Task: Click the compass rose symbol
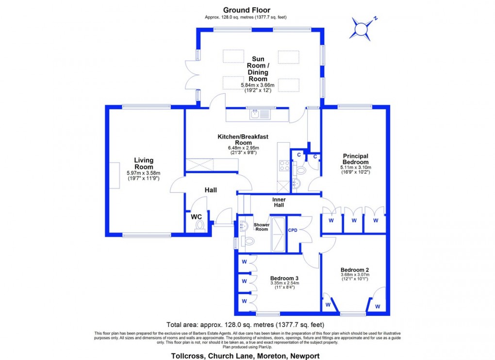362,28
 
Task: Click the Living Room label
144,164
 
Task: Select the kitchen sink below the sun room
260,115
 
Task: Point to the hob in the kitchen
283,166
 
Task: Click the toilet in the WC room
199,226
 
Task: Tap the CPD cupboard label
293,230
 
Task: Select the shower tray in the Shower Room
278,234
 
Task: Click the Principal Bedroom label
355,159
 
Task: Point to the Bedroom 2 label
355,270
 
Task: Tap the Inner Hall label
279,202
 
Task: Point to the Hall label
210,190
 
